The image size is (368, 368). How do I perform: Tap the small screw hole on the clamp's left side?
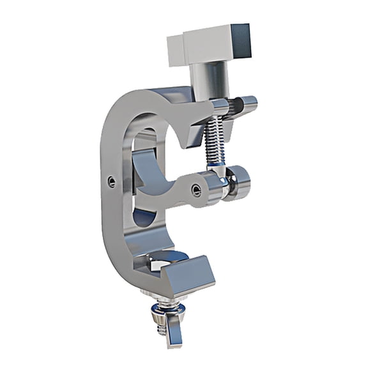112,181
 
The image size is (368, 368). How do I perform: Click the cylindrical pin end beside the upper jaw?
247,102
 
